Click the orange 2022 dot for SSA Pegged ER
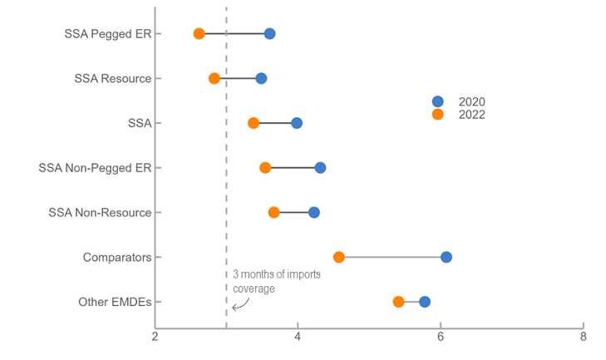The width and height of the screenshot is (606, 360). tap(199, 33)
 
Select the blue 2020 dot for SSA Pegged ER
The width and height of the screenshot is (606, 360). tap(269, 33)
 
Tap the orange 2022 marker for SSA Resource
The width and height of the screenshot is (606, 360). tap(214, 78)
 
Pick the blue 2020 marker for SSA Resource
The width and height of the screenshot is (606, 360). tap(261, 78)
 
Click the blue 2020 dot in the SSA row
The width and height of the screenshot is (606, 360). tap(297, 123)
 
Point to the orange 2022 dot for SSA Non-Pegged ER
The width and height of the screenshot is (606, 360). tap(265, 168)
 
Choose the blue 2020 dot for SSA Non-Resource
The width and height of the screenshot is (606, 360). tap(314, 213)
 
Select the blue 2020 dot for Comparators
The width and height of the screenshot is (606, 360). tap(446, 257)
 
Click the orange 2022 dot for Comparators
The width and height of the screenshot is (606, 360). tap(339, 257)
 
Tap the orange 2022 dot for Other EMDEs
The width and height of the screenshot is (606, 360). tap(398, 302)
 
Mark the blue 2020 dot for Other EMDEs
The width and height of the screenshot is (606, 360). tap(425, 302)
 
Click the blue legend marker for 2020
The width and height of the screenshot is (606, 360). tap(438, 101)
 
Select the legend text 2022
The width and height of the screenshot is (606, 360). tap(471, 115)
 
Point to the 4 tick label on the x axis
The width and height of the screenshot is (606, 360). tap(298, 337)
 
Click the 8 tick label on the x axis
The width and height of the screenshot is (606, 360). tap(583, 337)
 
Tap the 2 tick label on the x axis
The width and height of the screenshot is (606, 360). tap(155, 337)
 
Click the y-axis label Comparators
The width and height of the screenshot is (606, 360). tap(117, 258)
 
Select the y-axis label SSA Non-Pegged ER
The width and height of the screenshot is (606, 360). tap(96, 168)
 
